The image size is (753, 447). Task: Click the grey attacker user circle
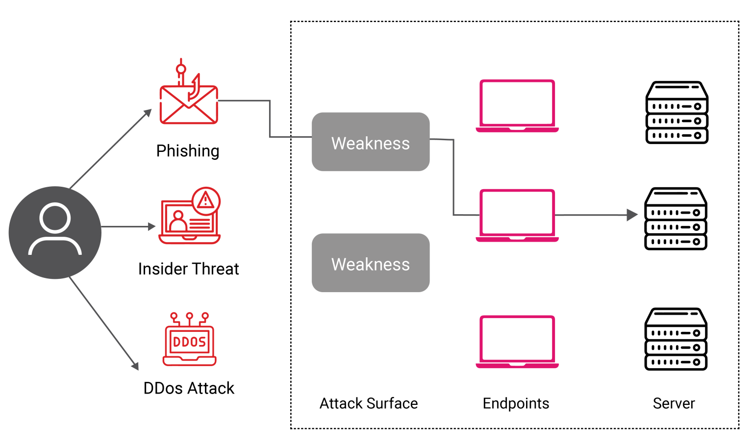(55, 232)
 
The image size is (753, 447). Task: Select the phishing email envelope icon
(189, 105)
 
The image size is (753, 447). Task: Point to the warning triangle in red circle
(206, 200)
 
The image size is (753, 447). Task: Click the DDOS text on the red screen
(189, 342)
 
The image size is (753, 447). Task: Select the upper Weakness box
(371, 142)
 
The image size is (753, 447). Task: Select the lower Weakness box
(371, 263)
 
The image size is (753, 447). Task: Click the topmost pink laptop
(517, 105)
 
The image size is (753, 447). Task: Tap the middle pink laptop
(517, 215)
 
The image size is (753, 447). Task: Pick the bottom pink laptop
(517, 342)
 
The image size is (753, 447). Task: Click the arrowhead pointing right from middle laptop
(633, 215)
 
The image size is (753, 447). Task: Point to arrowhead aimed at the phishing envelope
(148, 113)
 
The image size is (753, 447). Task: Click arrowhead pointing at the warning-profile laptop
(151, 226)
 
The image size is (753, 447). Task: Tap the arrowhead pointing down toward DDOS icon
(135, 366)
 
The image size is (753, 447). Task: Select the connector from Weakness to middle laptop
(453, 176)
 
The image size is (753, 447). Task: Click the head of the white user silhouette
(55, 218)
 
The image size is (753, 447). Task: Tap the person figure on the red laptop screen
(178, 221)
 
